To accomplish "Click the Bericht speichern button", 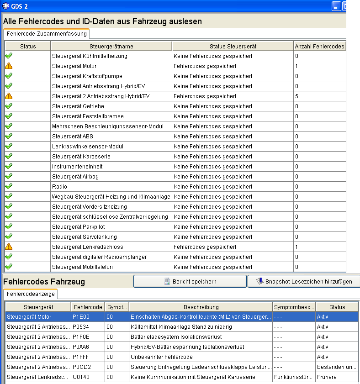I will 190,281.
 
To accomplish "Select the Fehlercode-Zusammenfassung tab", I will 46,34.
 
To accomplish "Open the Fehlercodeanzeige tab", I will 31,295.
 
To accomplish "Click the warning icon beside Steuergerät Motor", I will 9,66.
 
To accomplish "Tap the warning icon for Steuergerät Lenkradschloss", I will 9,247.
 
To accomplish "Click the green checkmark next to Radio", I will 9,186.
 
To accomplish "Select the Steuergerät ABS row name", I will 67,137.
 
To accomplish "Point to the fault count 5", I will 297,96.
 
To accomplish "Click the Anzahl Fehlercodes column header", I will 319,46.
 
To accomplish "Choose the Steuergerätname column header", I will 111,46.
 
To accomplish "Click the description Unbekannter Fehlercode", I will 162,357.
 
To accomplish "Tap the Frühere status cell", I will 327,377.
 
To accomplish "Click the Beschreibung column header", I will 201,307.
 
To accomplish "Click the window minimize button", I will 336,6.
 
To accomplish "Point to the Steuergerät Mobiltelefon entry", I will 82,267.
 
